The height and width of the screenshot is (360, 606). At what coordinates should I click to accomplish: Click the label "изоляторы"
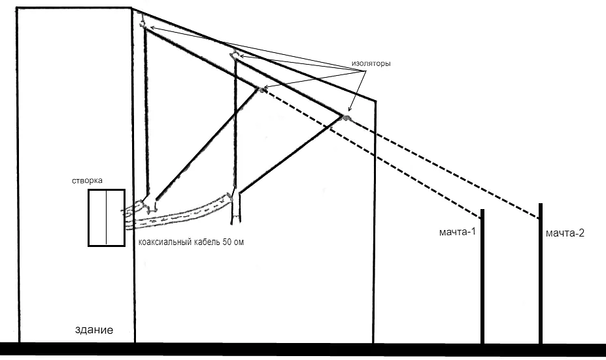click(x=371, y=65)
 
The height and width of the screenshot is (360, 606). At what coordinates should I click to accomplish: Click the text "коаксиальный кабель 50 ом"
click(x=192, y=242)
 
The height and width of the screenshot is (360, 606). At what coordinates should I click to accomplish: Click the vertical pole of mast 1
click(x=482, y=281)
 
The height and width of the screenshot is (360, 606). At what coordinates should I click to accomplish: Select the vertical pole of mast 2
click(x=541, y=281)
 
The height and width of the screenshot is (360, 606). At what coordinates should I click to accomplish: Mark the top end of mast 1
click(x=482, y=210)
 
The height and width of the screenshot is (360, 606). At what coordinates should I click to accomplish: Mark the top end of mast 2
click(x=541, y=204)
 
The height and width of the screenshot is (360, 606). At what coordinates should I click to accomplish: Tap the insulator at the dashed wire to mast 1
click(x=262, y=90)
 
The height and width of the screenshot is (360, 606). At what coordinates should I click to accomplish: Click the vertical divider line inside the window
click(x=106, y=218)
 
